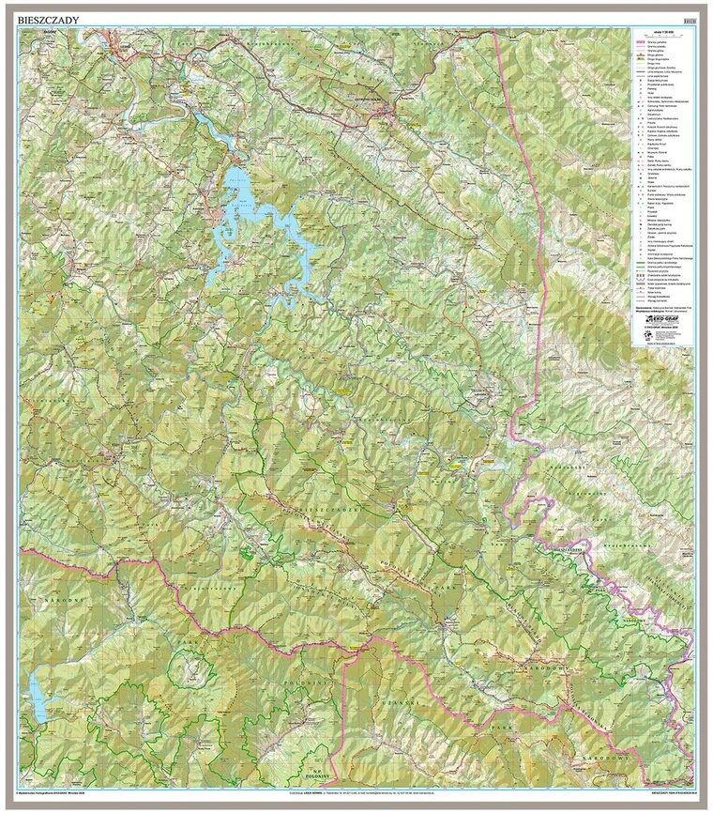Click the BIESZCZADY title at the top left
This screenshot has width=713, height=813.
[49, 19]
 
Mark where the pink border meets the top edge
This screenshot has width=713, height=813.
[493, 31]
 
